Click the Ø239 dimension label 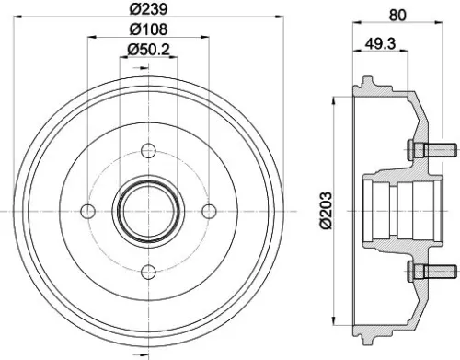[x=148, y=10]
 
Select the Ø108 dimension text [x=148, y=29]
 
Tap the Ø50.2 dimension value [x=148, y=49]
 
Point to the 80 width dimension [x=397, y=14]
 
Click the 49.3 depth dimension [x=380, y=41]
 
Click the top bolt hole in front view [x=148, y=152]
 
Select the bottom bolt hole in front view [x=148, y=273]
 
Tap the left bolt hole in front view [x=88, y=212]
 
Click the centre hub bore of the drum [x=148, y=212]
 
